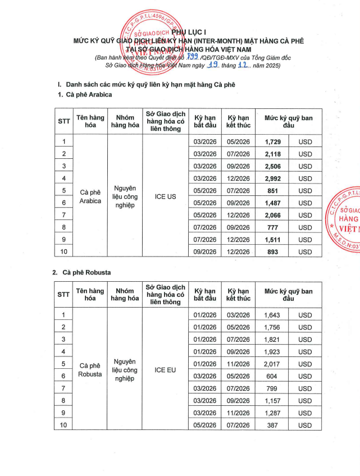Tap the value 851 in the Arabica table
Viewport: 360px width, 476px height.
(272, 191)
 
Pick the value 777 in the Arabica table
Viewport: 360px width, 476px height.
(272, 227)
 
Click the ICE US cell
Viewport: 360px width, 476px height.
(165, 197)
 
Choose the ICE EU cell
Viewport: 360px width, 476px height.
(165, 370)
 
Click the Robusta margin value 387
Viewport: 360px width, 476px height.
(272, 425)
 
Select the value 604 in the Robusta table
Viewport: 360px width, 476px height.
(272, 376)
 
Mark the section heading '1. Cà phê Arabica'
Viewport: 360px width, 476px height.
(85, 95)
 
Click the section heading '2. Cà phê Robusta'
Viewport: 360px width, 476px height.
(84, 272)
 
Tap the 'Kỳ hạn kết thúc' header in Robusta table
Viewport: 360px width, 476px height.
(238, 295)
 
